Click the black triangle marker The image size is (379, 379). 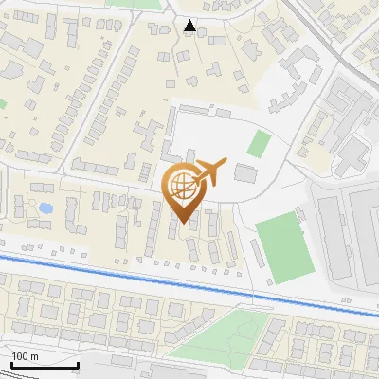(x=190, y=27)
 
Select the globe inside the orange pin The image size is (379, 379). (x=183, y=185)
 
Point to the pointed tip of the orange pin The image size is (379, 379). (x=183, y=222)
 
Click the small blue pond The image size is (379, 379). (x=45, y=208)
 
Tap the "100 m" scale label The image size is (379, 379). (x=26, y=356)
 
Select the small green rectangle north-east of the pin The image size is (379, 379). (x=259, y=144)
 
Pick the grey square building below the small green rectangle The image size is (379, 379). (x=245, y=173)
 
